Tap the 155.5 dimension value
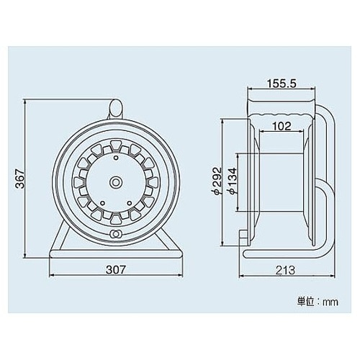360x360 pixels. [281, 84]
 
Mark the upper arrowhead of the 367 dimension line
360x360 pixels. [26, 102]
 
